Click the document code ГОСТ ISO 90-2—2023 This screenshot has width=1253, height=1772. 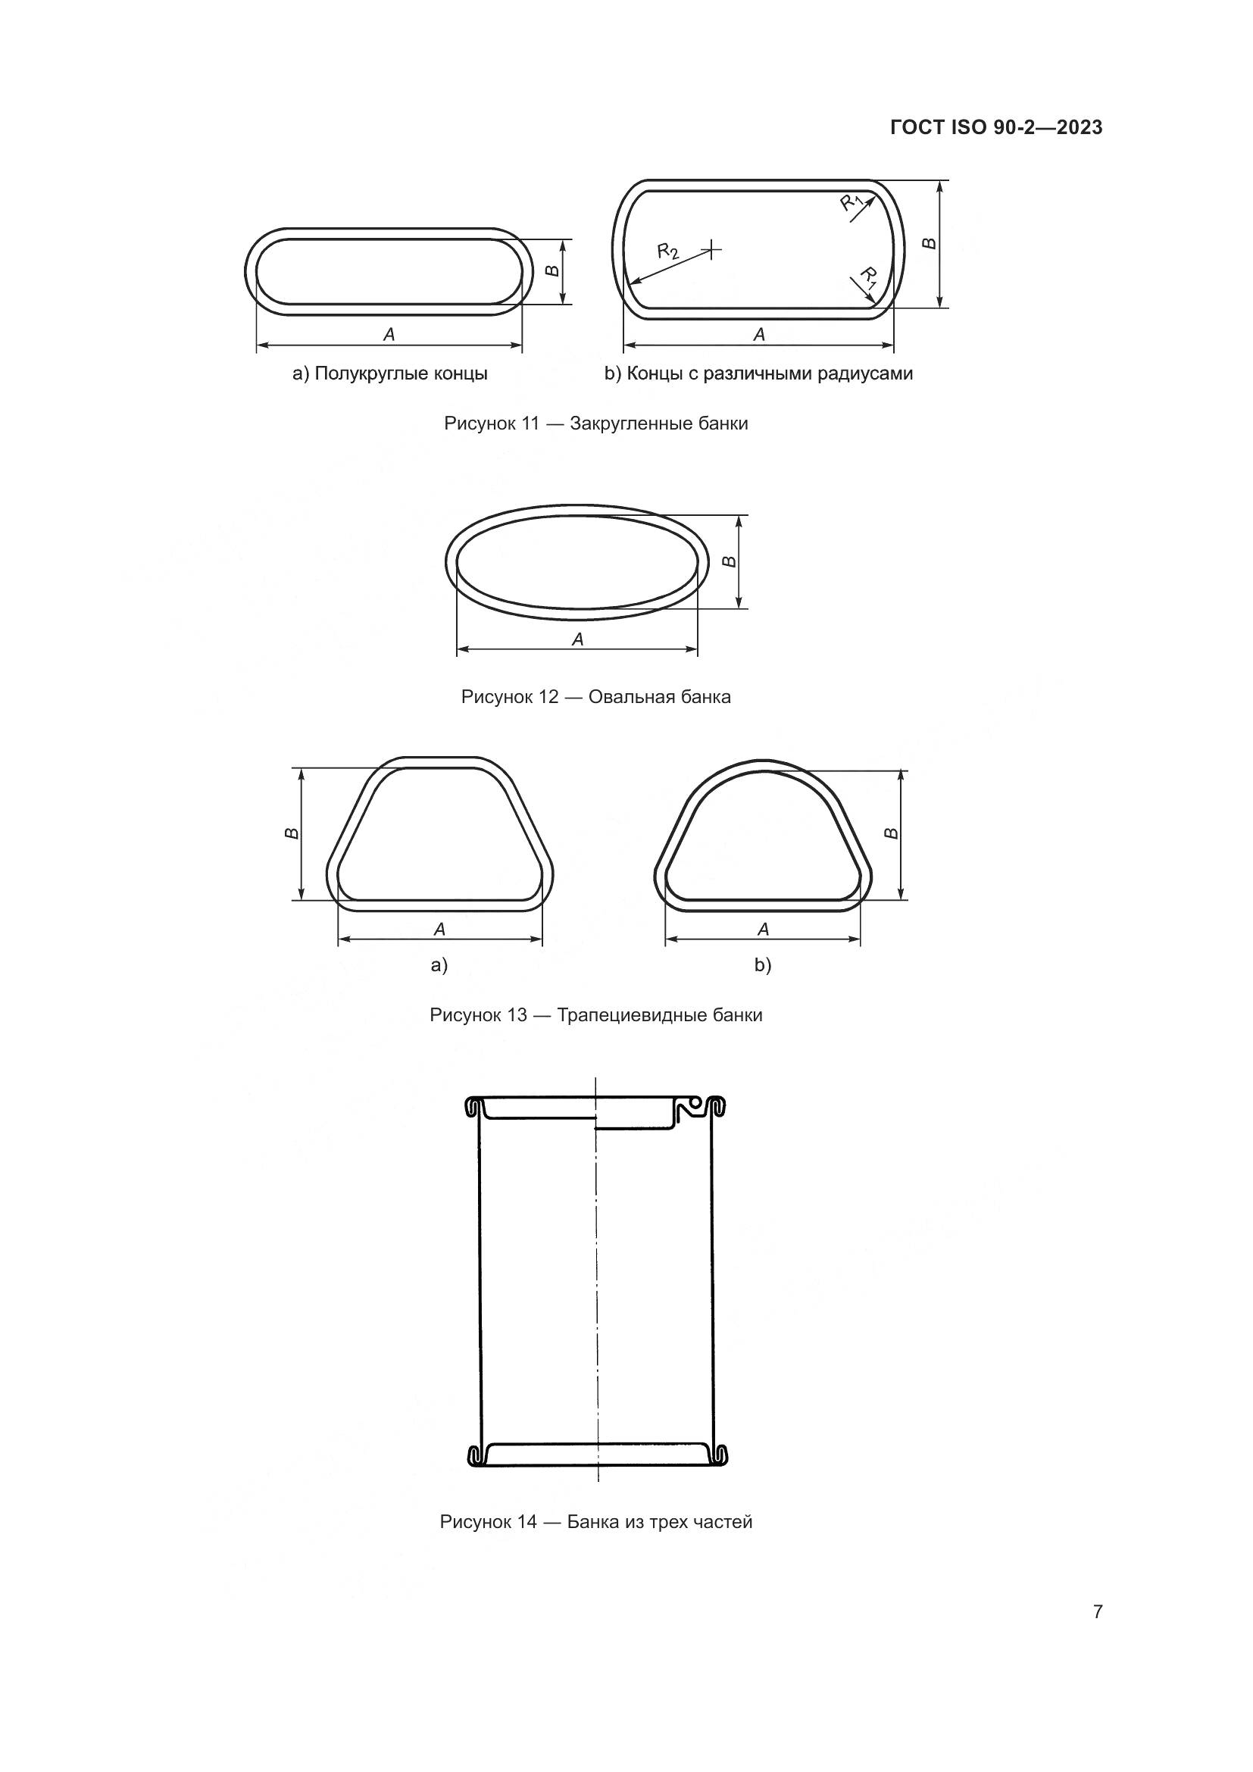[x=996, y=127]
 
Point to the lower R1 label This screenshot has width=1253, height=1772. [x=869, y=277]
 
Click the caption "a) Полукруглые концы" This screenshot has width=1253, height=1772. [x=389, y=374]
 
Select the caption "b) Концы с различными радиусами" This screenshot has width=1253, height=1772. [x=758, y=374]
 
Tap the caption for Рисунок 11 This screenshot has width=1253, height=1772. [x=596, y=423]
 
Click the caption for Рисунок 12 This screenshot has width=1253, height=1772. [x=596, y=697]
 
